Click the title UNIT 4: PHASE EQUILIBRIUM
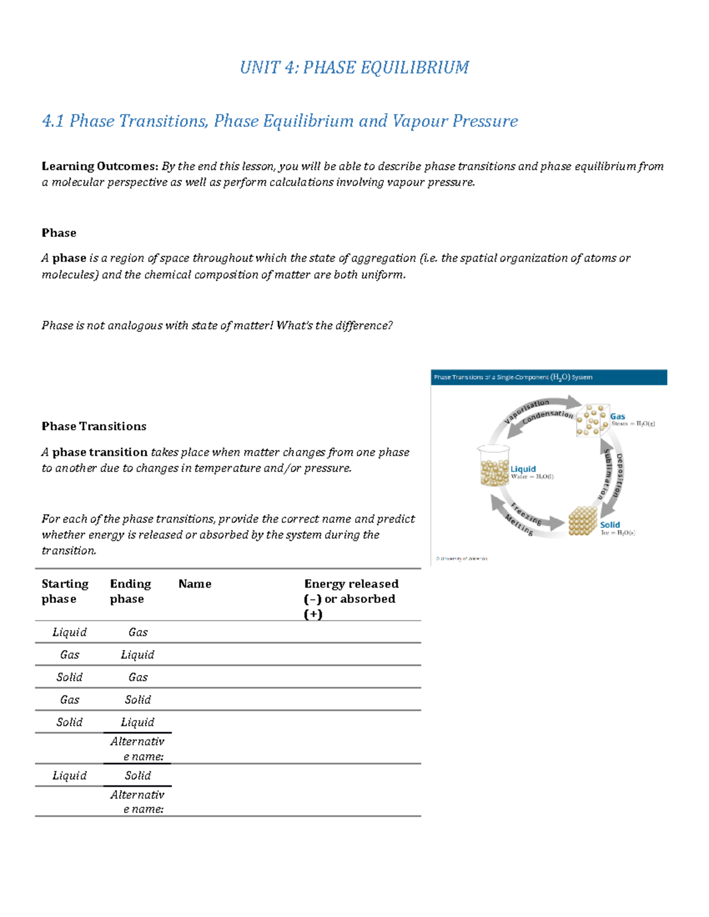coord(354,67)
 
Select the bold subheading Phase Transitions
coord(94,426)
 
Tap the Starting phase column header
coord(65,591)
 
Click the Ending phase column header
coord(131,591)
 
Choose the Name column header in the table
coord(195,584)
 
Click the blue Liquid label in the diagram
coord(523,469)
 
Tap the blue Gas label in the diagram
coord(617,416)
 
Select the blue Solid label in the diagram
coord(610,524)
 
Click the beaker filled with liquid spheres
coord(494,466)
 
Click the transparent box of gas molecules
coord(592,420)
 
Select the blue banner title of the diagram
coord(549,377)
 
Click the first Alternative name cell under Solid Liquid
coord(137,749)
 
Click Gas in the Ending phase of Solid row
coord(138,677)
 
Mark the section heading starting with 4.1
coord(280,121)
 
